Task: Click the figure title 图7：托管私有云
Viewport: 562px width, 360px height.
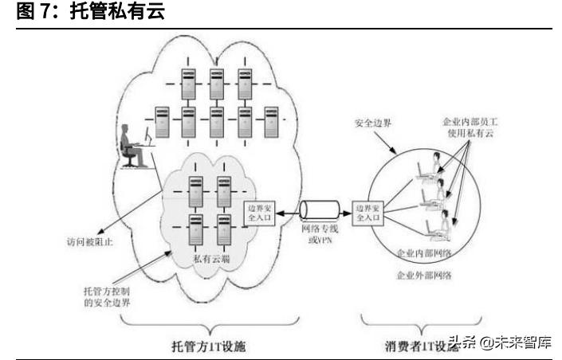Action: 88,13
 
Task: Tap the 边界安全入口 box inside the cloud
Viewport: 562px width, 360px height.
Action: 257,213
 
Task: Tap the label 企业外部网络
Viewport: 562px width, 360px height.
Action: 423,275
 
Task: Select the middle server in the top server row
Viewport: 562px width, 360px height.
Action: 214,83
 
